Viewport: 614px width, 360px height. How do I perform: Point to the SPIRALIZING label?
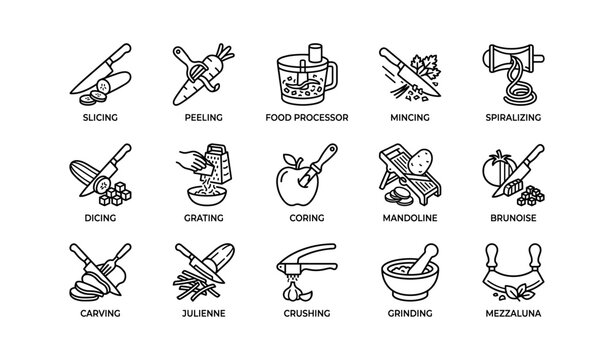point(514,117)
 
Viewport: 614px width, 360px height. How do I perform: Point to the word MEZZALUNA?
point(514,313)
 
